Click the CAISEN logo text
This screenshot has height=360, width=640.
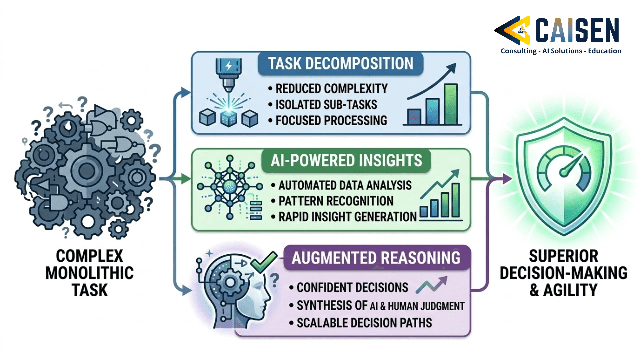click(577, 30)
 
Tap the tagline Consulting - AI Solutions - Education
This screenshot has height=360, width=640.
click(561, 51)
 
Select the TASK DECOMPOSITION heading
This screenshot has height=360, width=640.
click(340, 63)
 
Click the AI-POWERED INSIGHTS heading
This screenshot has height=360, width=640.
click(346, 160)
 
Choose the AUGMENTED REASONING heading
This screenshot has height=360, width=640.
click(376, 258)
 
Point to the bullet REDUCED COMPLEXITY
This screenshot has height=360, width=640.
click(331, 89)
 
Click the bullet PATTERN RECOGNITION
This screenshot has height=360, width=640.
click(336, 201)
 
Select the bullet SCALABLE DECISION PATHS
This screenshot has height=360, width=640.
click(364, 323)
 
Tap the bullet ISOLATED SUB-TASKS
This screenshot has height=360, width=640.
click(326, 105)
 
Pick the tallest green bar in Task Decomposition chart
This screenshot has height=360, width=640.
click(451, 104)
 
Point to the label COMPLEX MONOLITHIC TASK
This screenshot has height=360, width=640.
click(89, 273)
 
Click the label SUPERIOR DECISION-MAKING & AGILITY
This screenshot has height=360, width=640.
click(563, 273)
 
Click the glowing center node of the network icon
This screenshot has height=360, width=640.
click(229, 187)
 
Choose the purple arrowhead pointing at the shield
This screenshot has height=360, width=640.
click(507, 179)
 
